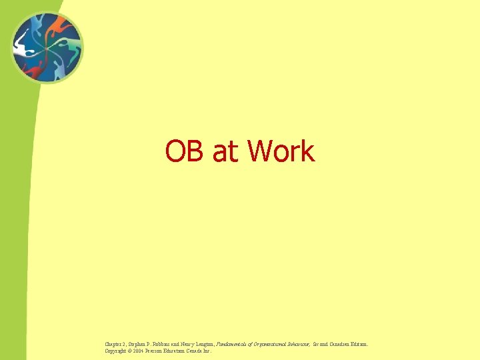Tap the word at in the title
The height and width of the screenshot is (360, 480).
coord(225,152)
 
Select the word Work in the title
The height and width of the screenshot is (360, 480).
coord(280,151)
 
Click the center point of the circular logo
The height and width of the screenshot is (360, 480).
coord(47,47)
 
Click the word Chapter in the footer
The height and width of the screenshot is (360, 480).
coord(115,345)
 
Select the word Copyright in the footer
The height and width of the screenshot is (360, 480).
coord(117,351)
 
